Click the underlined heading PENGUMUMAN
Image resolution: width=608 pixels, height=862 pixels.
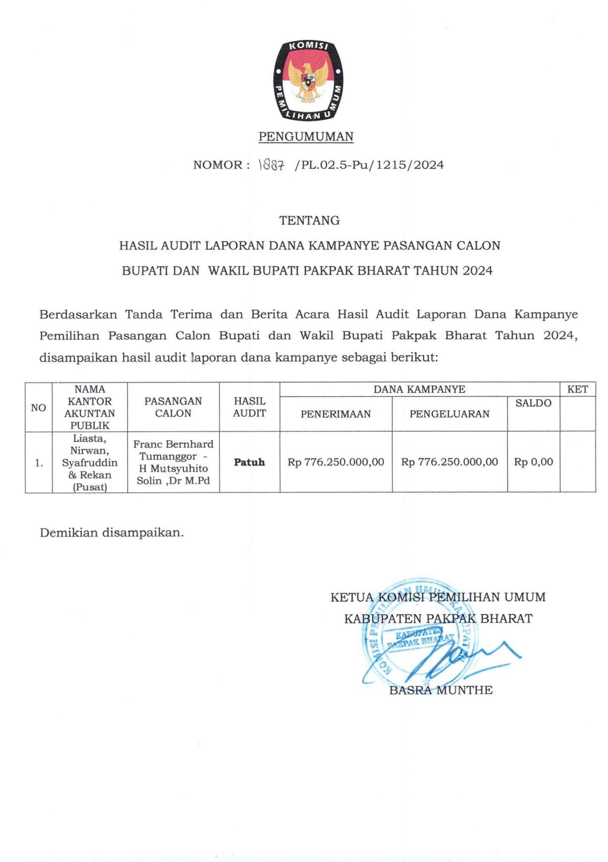click(306, 137)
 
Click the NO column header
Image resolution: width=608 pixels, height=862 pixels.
click(38, 408)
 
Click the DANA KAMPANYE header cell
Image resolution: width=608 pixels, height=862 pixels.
click(419, 389)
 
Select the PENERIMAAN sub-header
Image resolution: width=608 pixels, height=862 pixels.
click(335, 414)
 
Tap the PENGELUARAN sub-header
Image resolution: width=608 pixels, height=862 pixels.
click(449, 414)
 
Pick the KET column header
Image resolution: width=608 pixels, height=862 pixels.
click(577, 389)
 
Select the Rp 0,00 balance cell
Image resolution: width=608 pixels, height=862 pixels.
click(533, 462)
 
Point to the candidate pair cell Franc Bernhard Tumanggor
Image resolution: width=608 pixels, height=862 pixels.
click(173, 462)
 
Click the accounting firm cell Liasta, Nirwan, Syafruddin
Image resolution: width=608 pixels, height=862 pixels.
click(90, 463)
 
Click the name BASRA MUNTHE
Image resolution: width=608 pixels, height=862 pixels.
click(441, 690)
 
